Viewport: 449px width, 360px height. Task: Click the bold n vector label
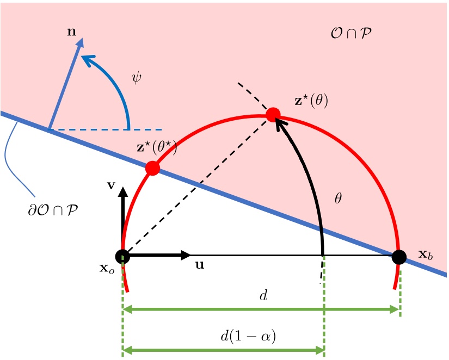click(71, 31)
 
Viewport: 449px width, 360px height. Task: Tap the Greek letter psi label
click(137, 78)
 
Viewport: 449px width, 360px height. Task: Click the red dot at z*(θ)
click(273, 115)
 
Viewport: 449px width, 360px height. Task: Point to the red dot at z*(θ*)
click(152, 168)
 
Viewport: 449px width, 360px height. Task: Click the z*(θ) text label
click(311, 101)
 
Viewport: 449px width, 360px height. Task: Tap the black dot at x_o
click(122, 256)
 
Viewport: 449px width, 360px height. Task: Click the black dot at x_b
click(399, 256)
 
